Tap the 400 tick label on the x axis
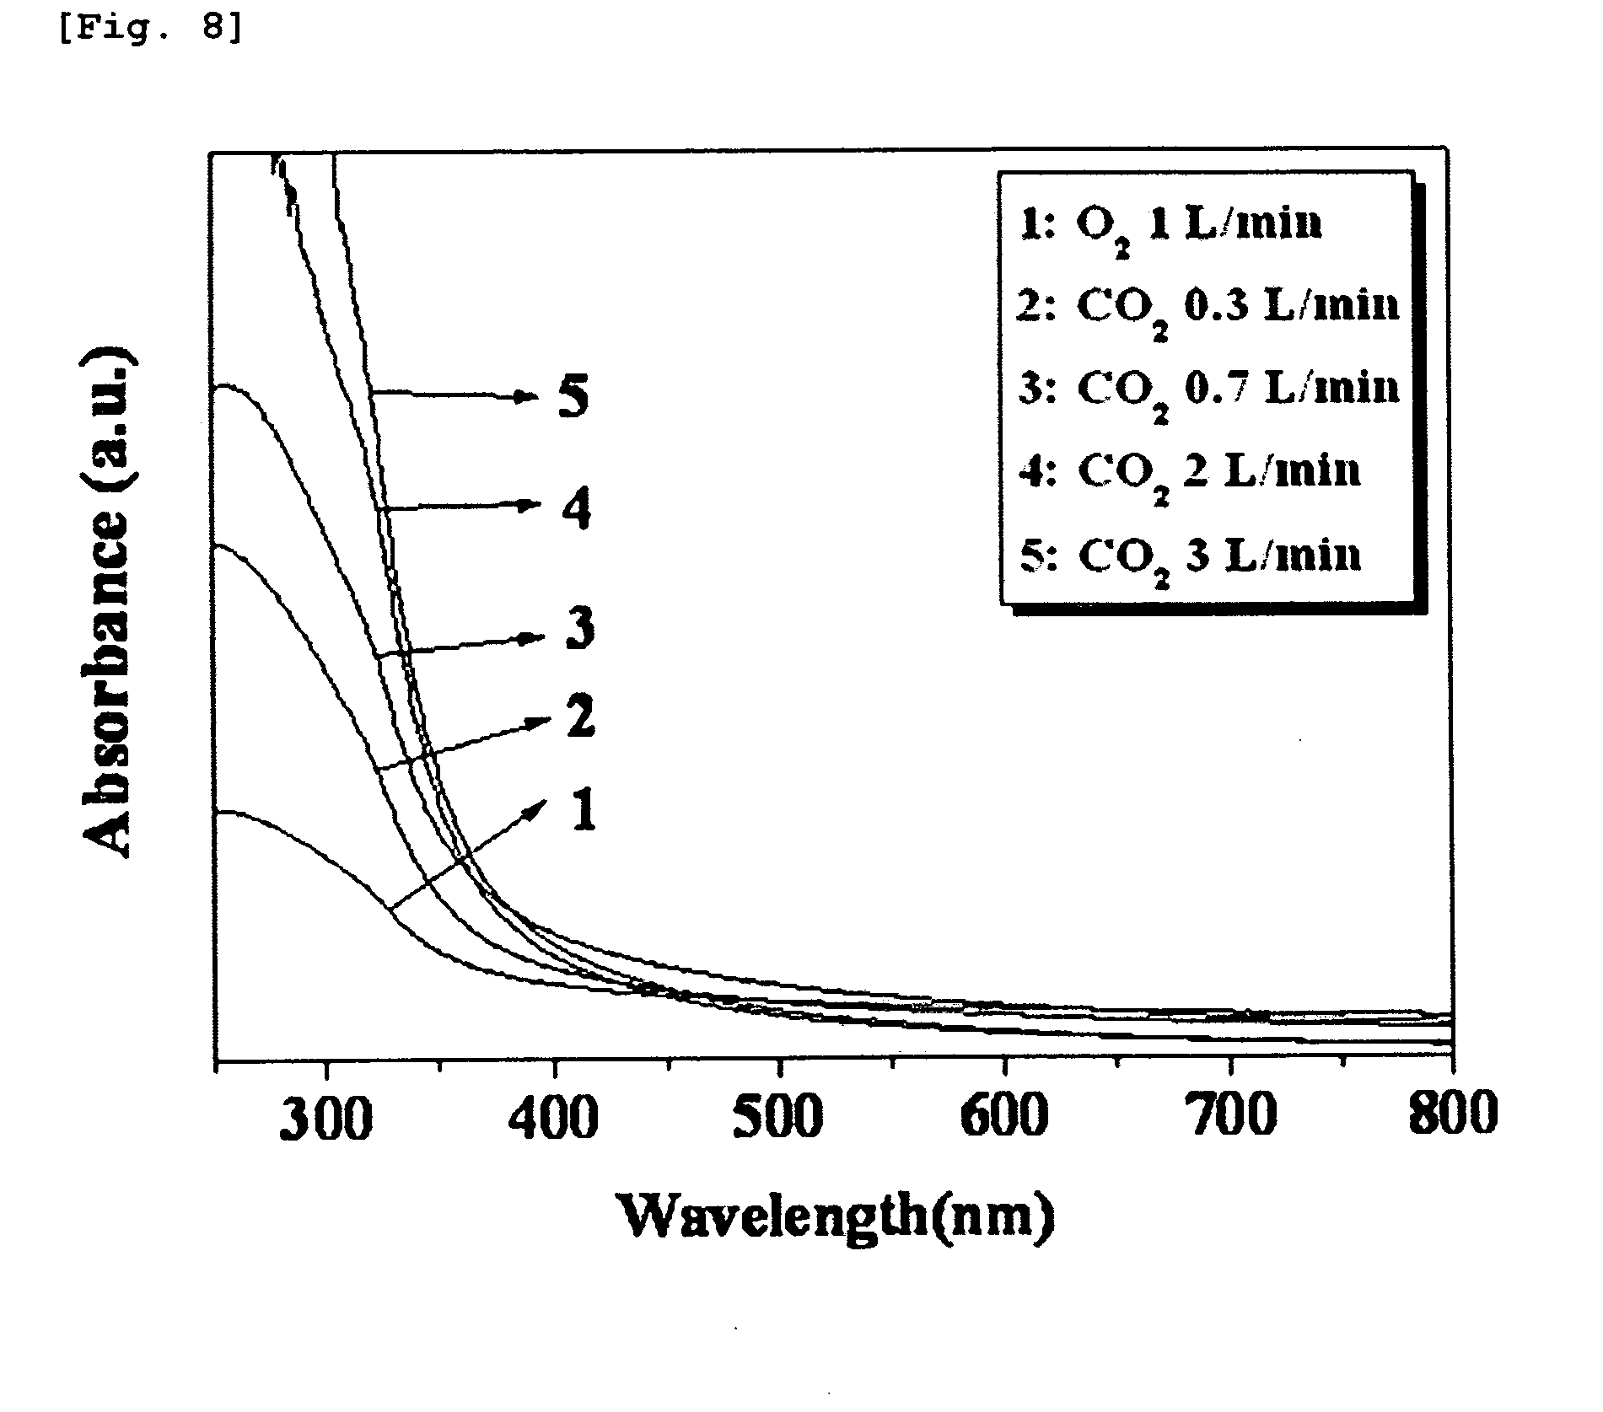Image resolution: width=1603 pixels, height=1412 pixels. (554, 1116)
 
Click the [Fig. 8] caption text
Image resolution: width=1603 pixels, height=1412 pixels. (151, 28)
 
